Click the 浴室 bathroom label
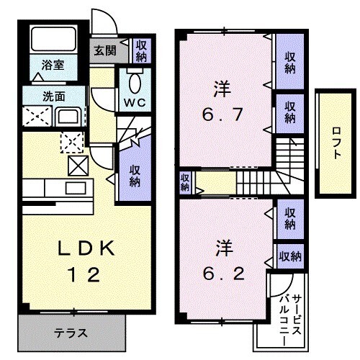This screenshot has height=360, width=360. tap(53, 65)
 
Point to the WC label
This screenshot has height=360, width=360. tap(134, 102)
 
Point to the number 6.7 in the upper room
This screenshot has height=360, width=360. tap(222, 114)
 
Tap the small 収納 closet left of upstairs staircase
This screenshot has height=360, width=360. tap(184, 183)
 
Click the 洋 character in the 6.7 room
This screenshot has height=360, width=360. tap(221, 89)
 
